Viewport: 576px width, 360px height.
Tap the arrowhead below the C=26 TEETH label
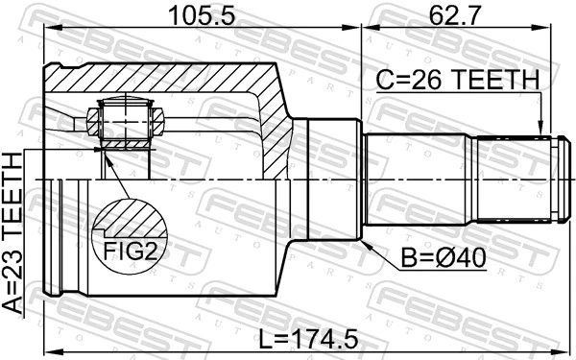[541, 129]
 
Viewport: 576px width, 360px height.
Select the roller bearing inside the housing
[123, 122]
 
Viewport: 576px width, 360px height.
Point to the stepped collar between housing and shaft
[326, 180]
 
